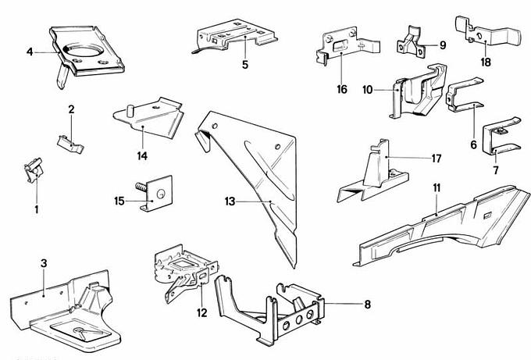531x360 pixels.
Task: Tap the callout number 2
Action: point(70,109)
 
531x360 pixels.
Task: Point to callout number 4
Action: point(30,52)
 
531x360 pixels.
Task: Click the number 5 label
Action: point(244,64)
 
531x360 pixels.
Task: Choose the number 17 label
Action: point(436,159)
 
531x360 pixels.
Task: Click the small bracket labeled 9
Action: point(413,42)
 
